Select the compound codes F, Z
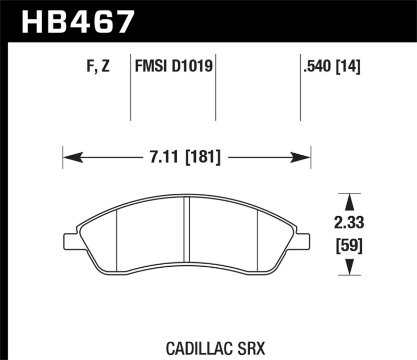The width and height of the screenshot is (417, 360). point(96,67)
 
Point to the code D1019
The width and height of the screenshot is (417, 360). point(194,67)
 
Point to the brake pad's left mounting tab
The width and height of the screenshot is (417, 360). point(70,241)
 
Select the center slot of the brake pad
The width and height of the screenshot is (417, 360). point(187,232)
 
